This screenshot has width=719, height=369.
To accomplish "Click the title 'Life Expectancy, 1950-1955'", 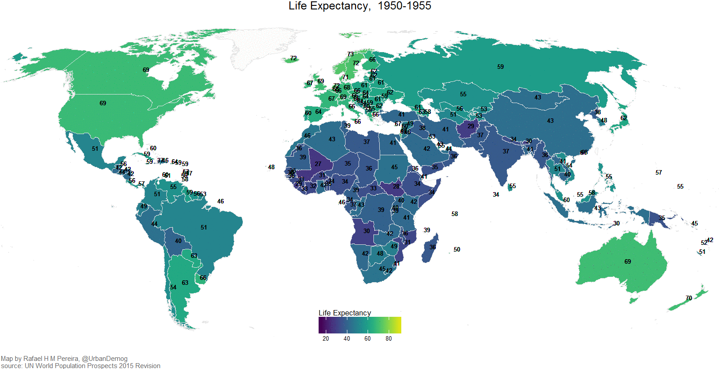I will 359,6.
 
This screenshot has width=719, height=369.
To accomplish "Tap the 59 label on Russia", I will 500,67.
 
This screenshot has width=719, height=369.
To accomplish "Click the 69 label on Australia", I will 627,261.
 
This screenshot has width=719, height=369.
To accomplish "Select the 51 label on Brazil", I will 204,227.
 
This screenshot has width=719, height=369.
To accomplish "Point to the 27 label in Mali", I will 318,164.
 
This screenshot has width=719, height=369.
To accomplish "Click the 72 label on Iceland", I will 293,58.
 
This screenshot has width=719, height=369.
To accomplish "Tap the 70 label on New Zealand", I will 688,298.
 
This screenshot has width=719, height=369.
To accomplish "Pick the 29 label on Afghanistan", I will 470,126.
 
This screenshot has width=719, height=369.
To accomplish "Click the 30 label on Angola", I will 366,231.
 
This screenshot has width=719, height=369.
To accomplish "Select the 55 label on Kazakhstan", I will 463,94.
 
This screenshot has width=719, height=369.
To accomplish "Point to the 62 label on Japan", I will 623,118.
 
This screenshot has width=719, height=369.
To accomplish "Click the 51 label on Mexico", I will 95,148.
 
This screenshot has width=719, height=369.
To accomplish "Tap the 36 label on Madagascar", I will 432,247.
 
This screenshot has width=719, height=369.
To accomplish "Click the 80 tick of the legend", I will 388,338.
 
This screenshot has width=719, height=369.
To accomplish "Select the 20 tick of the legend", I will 325,338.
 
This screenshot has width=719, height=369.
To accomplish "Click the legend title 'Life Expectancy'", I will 345,313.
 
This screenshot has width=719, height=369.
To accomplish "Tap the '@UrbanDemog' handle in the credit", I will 105,359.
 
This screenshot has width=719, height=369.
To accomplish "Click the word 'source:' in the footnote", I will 12,366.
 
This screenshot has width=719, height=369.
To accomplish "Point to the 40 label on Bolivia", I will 178,241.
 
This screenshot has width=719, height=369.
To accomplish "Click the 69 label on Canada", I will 146,70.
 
